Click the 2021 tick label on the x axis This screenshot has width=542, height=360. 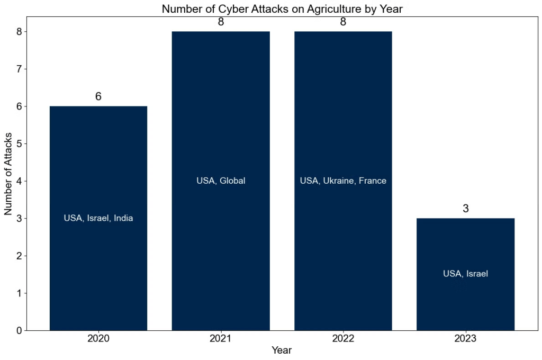(221, 338)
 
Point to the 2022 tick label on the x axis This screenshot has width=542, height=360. (343, 338)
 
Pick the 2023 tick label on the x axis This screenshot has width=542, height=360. (465, 338)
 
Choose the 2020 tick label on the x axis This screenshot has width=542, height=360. (98, 338)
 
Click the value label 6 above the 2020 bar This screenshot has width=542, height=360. (98, 97)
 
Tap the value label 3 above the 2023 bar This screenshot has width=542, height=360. (466, 209)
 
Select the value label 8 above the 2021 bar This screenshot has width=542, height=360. (221, 22)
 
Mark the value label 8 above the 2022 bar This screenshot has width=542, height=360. (343, 22)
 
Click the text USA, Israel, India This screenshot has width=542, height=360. (98, 218)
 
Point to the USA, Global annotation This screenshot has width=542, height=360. (221, 181)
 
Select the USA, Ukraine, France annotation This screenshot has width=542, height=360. (343, 181)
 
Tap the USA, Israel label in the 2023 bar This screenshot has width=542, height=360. (465, 274)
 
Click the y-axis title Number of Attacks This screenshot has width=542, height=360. (8, 173)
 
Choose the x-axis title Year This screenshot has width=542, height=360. (282, 350)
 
